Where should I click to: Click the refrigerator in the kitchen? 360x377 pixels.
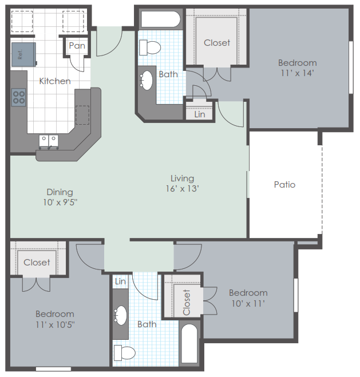(x=24, y=54)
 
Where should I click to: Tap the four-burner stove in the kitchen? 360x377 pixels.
(x=19, y=97)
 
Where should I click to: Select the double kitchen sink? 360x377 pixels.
(x=49, y=141)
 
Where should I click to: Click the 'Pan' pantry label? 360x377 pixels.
(x=77, y=46)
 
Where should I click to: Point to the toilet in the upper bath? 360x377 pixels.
(x=150, y=47)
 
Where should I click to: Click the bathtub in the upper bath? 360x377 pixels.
(x=160, y=19)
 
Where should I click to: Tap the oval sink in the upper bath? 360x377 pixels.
(x=146, y=81)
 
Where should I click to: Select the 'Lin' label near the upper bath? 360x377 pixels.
(x=200, y=114)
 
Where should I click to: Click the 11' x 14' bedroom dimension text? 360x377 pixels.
(x=298, y=73)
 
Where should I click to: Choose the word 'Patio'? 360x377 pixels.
(x=284, y=185)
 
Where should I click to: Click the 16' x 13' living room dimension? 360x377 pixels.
(x=182, y=189)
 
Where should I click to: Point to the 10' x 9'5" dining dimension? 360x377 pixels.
(x=60, y=203)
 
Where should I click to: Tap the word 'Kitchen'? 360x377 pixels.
(x=55, y=81)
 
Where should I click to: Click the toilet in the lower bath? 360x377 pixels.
(x=125, y=353)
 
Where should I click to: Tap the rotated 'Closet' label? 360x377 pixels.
(x=187, y=303)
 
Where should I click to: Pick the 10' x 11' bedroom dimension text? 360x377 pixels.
(x=248, y=304)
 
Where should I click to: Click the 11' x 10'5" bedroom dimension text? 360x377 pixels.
(x=55, y=325)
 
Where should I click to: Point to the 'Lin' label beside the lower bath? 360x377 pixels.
(x=120, y=281)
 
